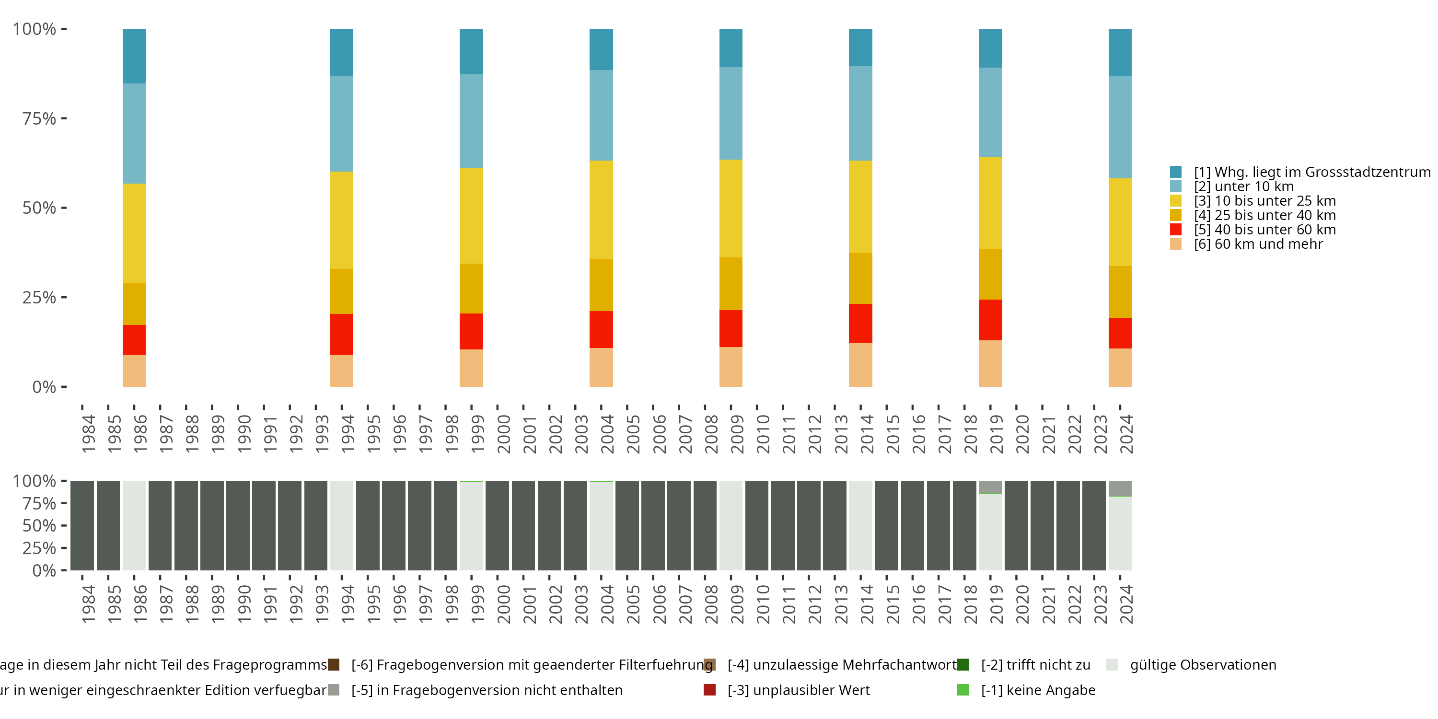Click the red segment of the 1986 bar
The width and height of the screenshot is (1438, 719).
[134, 339]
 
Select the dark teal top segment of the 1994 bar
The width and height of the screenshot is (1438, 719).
[342, 52]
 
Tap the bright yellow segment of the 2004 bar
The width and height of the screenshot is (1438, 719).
[601, 209]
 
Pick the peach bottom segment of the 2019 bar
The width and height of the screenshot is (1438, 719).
[990, 363]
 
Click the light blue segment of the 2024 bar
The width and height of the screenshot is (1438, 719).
[1120, 127]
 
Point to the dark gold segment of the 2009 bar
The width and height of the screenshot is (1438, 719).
[731, 284]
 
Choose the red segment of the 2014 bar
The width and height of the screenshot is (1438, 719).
[860, 323]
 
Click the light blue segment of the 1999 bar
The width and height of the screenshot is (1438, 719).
[471, 121]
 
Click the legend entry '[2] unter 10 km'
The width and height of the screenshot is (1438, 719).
[1244, 186]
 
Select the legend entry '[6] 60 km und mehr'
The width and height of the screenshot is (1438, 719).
[1258, 244]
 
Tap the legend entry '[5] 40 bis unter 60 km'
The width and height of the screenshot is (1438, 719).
[1264, 230]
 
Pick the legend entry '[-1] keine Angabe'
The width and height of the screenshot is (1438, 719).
[1038, 690]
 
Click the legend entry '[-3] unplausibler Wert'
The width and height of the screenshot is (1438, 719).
[798, 690]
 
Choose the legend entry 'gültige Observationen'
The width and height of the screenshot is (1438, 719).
[1203, 665]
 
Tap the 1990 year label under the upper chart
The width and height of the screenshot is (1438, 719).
[244, 434]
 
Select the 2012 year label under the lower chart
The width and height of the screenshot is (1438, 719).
[815, 604]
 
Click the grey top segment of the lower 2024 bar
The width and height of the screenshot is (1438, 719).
[1120, 488]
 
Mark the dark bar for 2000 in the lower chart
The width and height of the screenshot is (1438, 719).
[497, 525]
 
